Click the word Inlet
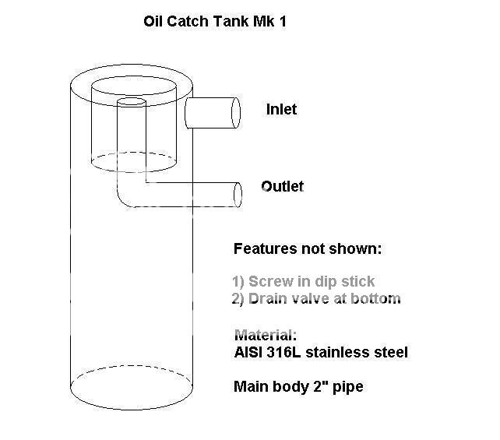(281, 110)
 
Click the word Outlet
(283, 186)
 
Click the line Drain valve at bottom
(316, 298)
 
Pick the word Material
(266, 336)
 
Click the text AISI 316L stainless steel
(321, 353)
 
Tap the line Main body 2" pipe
(298, 386)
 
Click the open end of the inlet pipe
(235, 112)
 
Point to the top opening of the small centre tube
(130, 102)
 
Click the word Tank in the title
(219, 21)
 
